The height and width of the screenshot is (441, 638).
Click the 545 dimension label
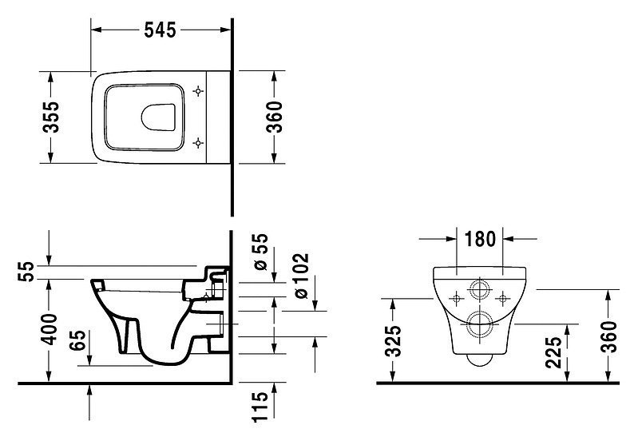(x=160, y=30)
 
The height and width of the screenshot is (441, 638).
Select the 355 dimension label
(x=51, y=117)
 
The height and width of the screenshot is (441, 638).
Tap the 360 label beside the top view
(x=274, y=117)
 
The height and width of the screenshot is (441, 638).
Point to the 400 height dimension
(x=50, y=329)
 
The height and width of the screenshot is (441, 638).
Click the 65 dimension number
(x=77, y=340)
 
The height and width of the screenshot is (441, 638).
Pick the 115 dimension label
(x=260, y=407)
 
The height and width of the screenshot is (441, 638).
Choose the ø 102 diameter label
(x=301, y=276)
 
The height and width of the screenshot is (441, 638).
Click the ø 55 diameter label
(x=260, y=252)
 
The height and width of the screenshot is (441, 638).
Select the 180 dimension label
(x=480, y=239)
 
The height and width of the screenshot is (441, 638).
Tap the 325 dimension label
(x=394, y=341)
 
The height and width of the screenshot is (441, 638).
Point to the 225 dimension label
(x=554, y=352)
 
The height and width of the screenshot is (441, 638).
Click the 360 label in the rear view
(x=608, y=337)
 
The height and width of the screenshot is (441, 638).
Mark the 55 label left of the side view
(x=26, y=272)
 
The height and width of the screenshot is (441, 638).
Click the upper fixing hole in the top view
(x=198, y=91)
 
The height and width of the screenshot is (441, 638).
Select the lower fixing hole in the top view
(x=198, y=142)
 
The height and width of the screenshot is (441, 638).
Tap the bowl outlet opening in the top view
(x=159, y=117)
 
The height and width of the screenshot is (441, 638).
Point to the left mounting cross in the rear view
(x=456, y=299)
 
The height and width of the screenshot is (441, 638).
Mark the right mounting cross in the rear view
(x=503, y=299)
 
